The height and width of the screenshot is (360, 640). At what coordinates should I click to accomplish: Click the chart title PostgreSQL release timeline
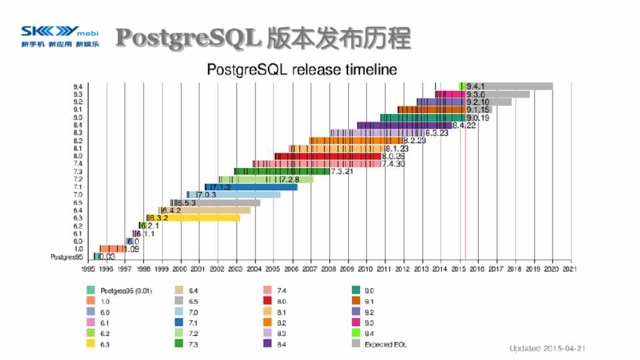302,69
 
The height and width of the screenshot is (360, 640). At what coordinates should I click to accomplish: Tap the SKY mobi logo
59,37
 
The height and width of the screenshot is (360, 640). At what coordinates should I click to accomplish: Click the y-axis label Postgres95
67,257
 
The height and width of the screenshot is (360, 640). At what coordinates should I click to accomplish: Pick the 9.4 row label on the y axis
78,87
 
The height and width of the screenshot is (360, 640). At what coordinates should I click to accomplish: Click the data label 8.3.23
437,133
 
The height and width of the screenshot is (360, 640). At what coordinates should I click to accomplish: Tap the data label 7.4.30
394,164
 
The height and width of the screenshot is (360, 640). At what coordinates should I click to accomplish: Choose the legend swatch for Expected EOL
356,345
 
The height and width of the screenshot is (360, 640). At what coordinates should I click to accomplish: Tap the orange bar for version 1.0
111,249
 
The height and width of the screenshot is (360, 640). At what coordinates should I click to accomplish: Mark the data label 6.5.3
186,203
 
